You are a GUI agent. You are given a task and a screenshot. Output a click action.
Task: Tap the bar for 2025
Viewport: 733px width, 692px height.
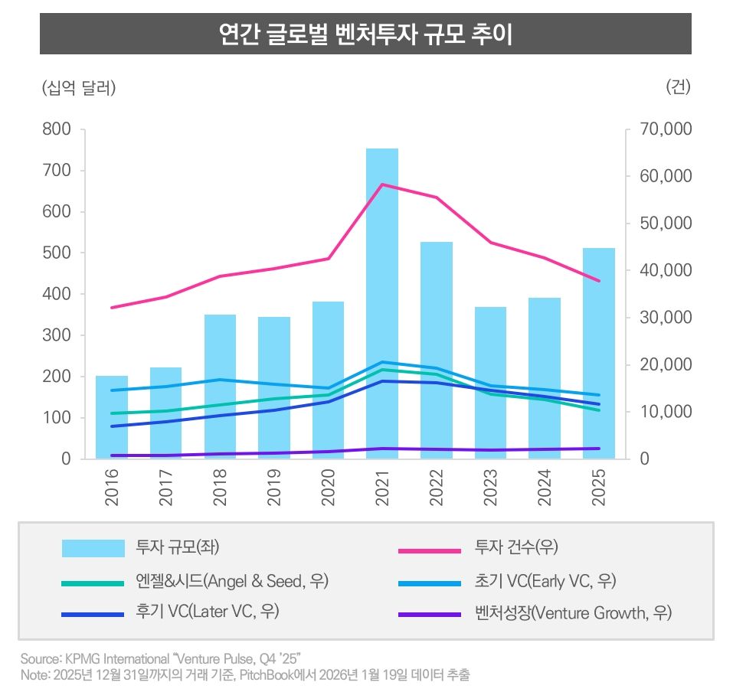click(x=598, y=352)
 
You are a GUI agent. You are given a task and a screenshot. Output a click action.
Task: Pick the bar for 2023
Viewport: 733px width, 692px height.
click(x=490, y=383)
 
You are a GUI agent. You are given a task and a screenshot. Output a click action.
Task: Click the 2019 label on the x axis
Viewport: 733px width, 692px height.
click(x=274, y=487)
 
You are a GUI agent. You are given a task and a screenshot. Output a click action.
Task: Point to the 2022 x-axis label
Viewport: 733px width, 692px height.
click(x=437, y=487)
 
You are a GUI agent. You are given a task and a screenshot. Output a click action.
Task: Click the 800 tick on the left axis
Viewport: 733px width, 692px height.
click(x=57, y=129)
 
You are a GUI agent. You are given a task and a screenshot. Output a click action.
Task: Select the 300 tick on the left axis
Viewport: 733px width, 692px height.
click(x=57, y=335)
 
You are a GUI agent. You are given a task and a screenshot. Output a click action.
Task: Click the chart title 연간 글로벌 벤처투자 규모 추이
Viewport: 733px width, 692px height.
click(x=365, y=34)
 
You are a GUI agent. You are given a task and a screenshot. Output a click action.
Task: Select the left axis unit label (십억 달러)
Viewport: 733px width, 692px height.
click(x=79, y=88)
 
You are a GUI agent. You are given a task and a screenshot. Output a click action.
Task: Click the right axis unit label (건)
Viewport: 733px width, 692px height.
click(x=679, y=87)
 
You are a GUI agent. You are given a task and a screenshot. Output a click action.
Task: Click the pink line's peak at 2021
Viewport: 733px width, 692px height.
click(x=381, y=184)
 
